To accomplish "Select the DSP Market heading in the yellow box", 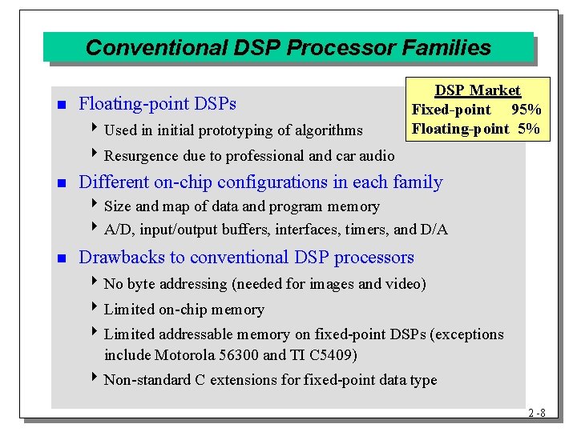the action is coord(478,90).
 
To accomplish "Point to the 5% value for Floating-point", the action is coord(528,128).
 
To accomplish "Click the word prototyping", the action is coord(236,130).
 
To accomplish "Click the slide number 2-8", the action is coord(536,413).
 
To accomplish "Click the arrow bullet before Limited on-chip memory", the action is coord(97,309).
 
